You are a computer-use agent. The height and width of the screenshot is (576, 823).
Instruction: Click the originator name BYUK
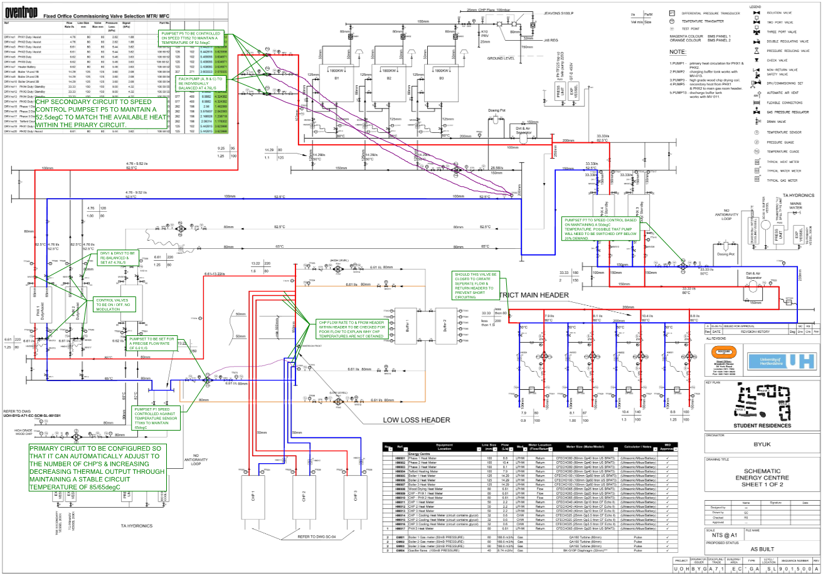pos(762,446)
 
